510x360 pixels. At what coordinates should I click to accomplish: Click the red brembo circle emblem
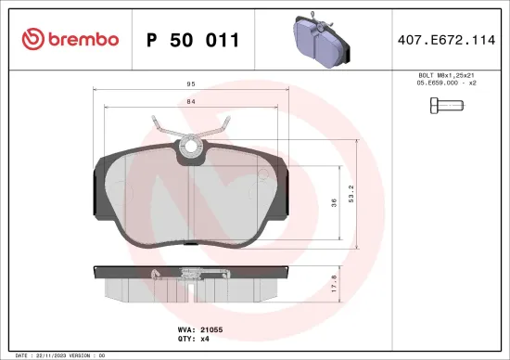pyautogui.click(x=32, y=39)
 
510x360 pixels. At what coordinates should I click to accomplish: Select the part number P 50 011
pyautogui.click(x=194, y=40)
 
